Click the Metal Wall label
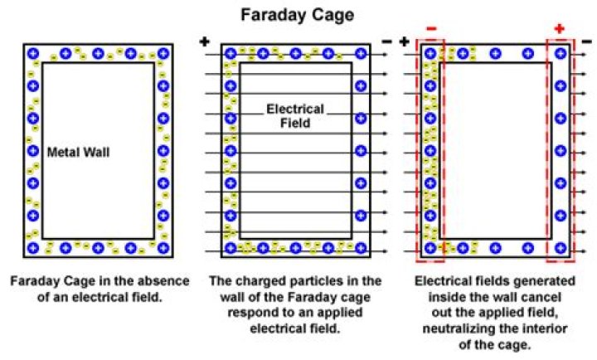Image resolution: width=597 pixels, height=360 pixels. (79, 152)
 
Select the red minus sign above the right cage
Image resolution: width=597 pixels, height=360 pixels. (430, 28)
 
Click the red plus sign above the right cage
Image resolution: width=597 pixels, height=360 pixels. (560, 28)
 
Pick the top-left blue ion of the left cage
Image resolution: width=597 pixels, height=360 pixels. (33, 54)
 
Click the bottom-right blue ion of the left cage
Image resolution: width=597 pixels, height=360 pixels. (163, 247)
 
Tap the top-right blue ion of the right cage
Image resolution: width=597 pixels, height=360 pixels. (561, 54)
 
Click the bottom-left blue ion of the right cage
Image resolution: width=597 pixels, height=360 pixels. (430, 247)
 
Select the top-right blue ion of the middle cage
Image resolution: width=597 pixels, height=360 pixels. (360, 54)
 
